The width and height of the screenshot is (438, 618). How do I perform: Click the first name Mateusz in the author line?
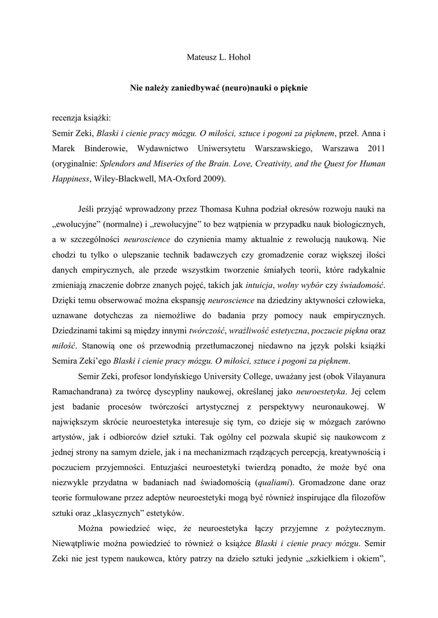coord(198,58)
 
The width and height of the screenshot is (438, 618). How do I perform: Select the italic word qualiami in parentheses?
coord(272,482)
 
